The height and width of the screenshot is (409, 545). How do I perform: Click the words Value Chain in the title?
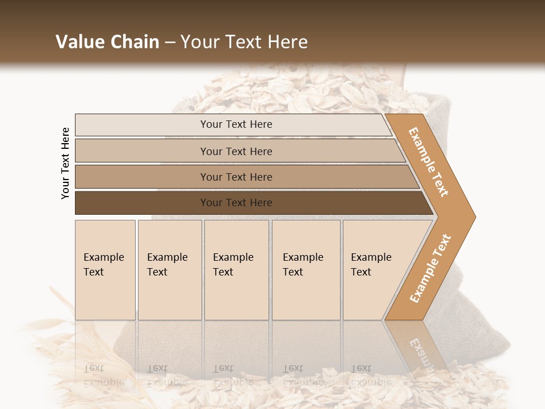tap(107, 42)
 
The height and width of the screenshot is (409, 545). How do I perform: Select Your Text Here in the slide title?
tap(244, 42)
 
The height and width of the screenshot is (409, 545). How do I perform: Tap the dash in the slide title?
tap(170, 43)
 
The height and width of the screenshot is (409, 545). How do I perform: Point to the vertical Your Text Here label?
tap(65, 164)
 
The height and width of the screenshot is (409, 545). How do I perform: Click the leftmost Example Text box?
tap(105, 270)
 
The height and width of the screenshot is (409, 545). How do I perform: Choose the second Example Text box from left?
tap(170, 270)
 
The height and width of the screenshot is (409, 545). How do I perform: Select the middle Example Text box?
tap(236, 270)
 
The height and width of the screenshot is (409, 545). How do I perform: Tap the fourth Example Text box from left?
tap(306, 270)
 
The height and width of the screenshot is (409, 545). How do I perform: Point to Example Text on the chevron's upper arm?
tap(429, 162)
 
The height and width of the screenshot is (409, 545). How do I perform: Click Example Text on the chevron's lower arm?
tap(430, 268)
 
